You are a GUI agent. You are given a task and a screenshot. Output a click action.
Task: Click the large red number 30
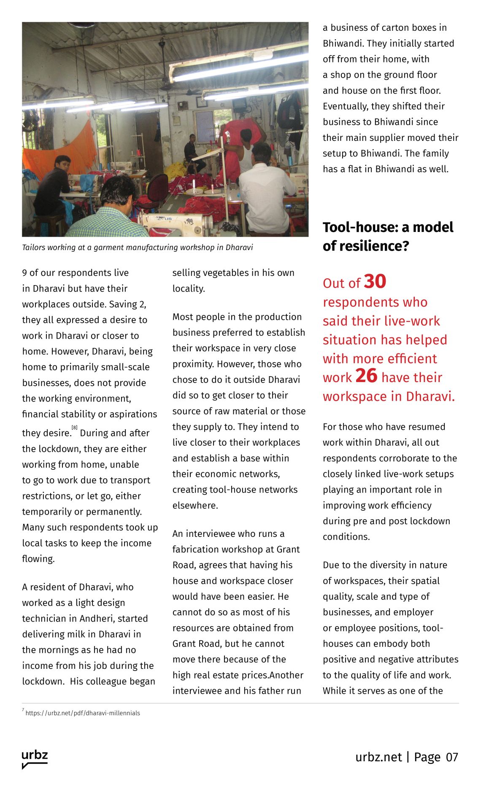point(375,281)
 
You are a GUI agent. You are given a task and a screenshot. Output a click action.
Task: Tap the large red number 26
point(366,375)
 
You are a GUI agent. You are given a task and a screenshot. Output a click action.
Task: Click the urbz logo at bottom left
point(35,758)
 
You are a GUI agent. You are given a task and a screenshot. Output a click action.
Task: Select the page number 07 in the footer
point(452,757)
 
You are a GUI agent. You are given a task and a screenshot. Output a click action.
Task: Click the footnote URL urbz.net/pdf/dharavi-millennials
point(83,713)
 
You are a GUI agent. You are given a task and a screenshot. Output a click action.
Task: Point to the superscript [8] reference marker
point(75,427)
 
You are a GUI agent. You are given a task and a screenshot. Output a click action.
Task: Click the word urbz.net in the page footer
point(378,757)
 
